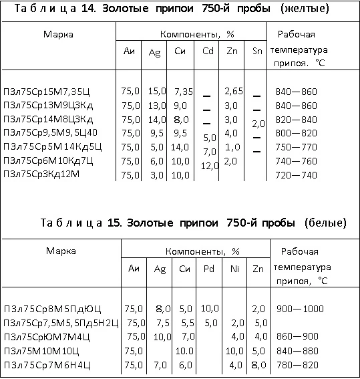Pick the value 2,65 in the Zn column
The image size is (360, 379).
click(x=233, y=90)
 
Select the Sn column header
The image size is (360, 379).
click(x=258, y=51)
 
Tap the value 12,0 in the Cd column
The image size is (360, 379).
click(x=209, y=165)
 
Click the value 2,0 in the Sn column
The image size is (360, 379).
click(x=258, y=124)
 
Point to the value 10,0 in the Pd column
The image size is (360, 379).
click(x=210, y=308)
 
